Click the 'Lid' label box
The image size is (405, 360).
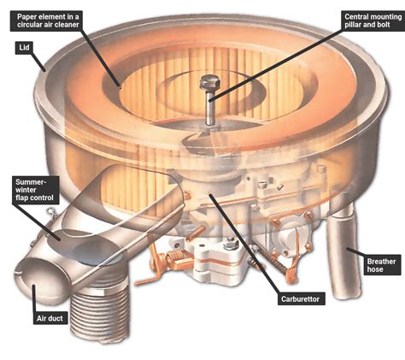click(24, 48)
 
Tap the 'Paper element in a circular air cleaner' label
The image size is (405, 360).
click(48, 21)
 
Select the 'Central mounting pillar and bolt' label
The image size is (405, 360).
click(373, 21)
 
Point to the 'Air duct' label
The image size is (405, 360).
click(50, 318)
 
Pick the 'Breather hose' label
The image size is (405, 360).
click(381, 265)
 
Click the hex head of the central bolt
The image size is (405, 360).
click(210, 82)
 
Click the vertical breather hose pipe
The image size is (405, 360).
click(343, 251)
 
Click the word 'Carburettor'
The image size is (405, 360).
click(300, 299)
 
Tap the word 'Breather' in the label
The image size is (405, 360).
click(381, 262)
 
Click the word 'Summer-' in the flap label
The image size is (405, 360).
click(31, 182)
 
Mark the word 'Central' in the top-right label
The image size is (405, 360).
click(355, 17)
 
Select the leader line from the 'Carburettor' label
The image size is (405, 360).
click(244, 244)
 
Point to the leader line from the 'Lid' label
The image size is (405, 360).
click(38, 62)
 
